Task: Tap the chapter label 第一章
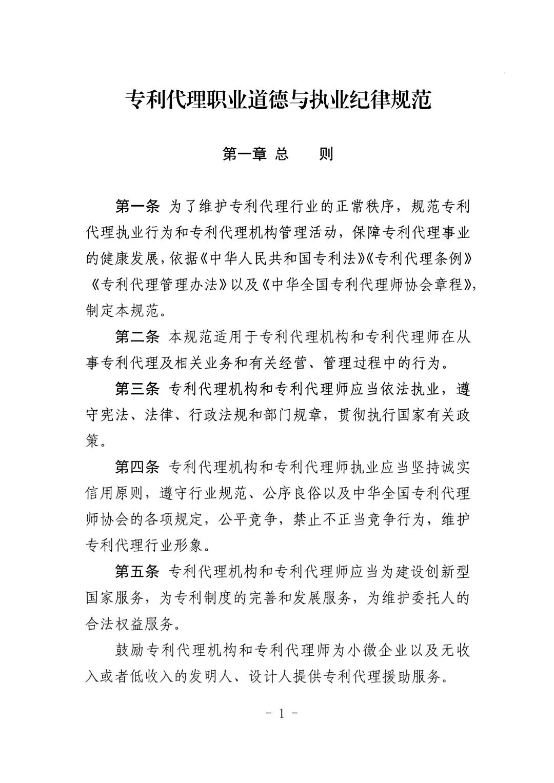245,154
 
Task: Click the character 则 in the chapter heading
326,154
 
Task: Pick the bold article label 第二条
137,337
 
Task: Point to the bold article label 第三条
137,389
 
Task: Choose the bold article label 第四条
137,468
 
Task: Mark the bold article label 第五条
137,572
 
